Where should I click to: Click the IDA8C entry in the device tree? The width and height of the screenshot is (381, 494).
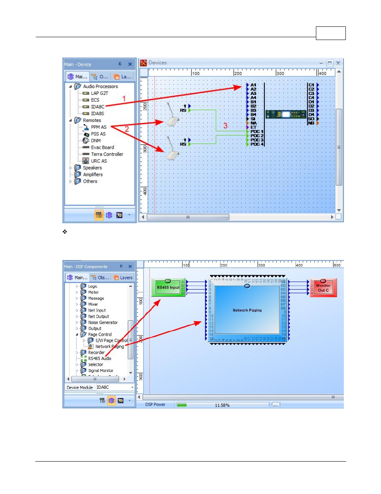click(x=97, y=107)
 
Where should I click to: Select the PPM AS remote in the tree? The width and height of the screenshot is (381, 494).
click(x=98, y=127)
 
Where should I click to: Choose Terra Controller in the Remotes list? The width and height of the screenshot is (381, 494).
click(x=107, y=154)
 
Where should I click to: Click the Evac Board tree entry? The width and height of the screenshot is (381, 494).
click(x=102, y=147)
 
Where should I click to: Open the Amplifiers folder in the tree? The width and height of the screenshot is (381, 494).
click(x=93, y=174)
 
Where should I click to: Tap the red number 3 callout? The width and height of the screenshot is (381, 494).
click(x=225, y=126)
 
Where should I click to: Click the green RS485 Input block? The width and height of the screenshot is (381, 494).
click(x=168, y=288)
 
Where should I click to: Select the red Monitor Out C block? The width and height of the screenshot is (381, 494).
click(x=323, y=288)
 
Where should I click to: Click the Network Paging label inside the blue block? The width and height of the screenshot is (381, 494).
click(x=247, y=310)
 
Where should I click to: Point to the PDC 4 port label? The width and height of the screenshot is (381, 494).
click(x=257, y=144)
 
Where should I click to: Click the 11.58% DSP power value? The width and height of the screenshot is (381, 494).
click(x=222, y=405)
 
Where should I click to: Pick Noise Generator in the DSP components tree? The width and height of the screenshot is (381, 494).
click(x=103, y=322)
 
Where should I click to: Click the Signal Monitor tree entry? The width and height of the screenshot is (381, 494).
click(x=101, y=370)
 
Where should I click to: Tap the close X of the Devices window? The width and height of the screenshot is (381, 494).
click(x=338, y=63)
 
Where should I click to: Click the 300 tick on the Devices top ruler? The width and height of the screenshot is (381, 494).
click(x=280, y=73)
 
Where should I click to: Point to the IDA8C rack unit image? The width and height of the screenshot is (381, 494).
click(x=286, y=114)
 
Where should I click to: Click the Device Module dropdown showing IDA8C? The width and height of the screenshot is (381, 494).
click(x=115, y=387)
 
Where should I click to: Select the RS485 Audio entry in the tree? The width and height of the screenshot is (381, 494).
click(x=99, y=358)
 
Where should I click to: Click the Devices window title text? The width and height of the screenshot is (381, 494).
click(x=157, y=63)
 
